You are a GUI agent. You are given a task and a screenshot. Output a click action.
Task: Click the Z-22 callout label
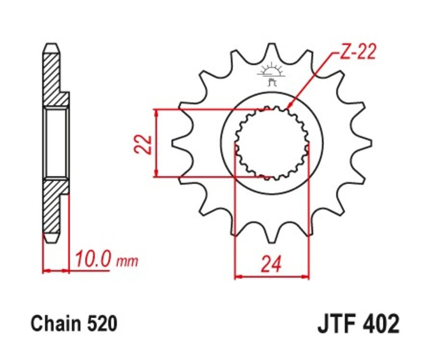click(x=357, y=52)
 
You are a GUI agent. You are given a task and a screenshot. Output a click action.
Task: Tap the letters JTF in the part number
click(x=338, y=324)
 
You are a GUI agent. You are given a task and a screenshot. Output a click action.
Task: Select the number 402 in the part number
click(x=381, y=324)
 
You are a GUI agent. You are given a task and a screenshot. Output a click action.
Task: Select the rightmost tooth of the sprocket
click(x=368, y=142)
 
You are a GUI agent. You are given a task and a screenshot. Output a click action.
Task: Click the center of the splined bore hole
click(x=272, y=143)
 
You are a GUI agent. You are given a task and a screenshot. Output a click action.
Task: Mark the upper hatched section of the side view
click(x=53, y=79)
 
